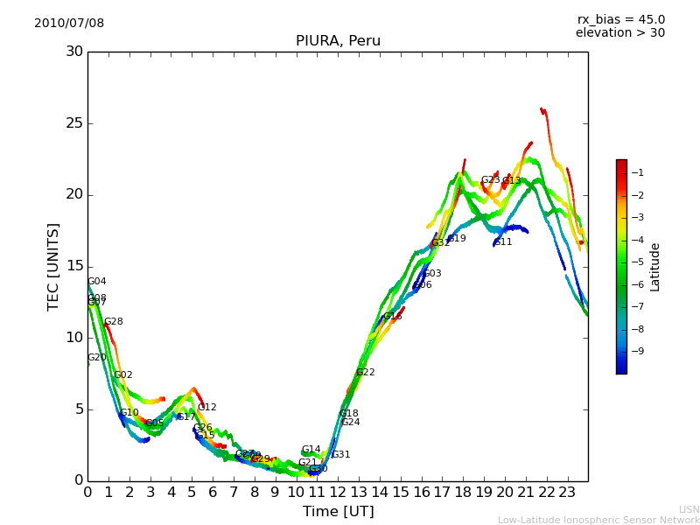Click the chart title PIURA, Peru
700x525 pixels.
click(338, 41)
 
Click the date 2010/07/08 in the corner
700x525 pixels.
click(69, 24)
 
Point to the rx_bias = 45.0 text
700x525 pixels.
click(620, 20)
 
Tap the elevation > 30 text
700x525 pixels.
click(619, 33)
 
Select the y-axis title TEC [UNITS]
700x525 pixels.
click(53, 266)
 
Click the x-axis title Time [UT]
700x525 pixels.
click(338, 512)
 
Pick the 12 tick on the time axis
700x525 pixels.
click(339, 493)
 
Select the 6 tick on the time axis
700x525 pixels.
click(213, 493)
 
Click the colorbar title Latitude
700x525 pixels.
click(655, 266)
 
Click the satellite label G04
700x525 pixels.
click(97, 282)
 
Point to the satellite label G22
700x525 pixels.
click(365, 373)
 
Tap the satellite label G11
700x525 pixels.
click(503, 242)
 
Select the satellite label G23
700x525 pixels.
click(490, 180)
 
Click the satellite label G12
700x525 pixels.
click(206, 408)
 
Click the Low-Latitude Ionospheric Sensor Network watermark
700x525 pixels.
click(598, 521)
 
